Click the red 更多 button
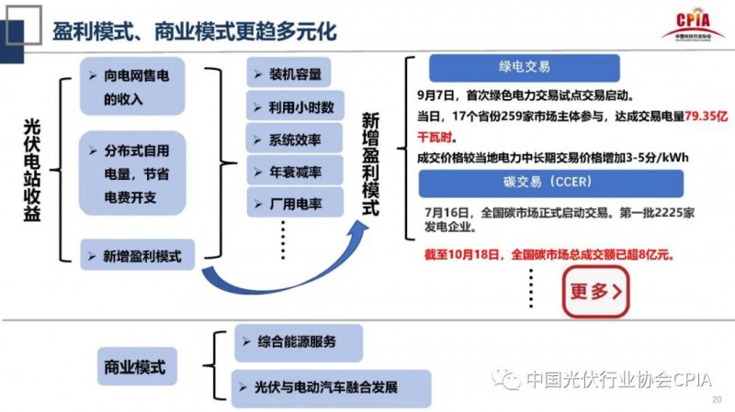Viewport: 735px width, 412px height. click(595, 292)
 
